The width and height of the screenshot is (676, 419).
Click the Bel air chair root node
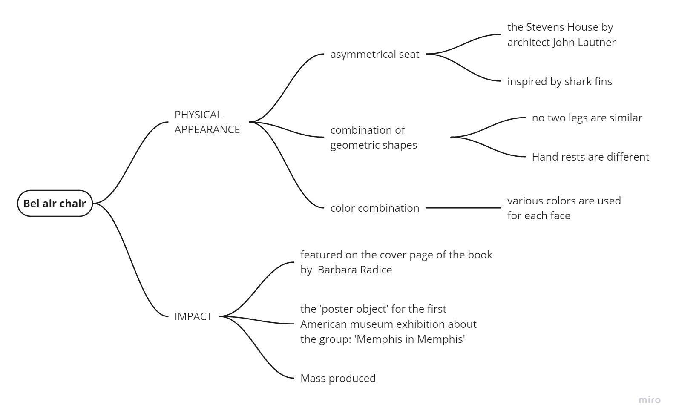pos(55,204)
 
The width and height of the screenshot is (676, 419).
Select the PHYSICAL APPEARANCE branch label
pos(207,122)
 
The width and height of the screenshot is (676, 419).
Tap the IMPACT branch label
pos(193,316)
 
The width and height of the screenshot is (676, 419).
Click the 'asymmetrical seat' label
pos(374,55)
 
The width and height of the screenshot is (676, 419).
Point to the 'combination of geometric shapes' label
pos(374,137)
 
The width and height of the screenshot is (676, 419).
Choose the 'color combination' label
pos(374,208)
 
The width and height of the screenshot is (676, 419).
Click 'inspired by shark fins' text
pos(559,81)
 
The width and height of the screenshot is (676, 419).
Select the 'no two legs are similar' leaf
pos(587,118)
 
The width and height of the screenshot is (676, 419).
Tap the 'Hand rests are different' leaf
pos(590,157)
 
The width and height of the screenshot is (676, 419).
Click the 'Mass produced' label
pos(338,378)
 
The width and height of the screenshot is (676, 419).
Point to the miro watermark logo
pos(650,400)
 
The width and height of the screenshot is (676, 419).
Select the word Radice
pos(376,270)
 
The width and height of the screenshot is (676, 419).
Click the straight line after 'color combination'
pos(463,208)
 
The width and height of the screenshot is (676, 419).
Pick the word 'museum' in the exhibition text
pos(368,324)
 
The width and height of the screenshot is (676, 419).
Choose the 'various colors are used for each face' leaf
pos(564,208)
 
